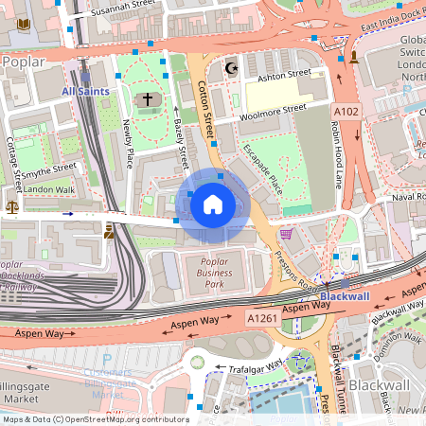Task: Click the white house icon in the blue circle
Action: [x=213, y=204]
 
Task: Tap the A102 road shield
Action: [x=345, y=112]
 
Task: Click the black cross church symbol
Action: [x=147, y=98]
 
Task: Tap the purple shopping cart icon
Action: [x=286, y=233]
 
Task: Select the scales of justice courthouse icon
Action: [x=12, y=204]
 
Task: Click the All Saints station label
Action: [x=85, y=91]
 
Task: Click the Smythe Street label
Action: [x=48, y=169]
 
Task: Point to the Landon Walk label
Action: [x=49, y=189]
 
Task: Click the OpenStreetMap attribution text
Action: [x=95, y=419]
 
